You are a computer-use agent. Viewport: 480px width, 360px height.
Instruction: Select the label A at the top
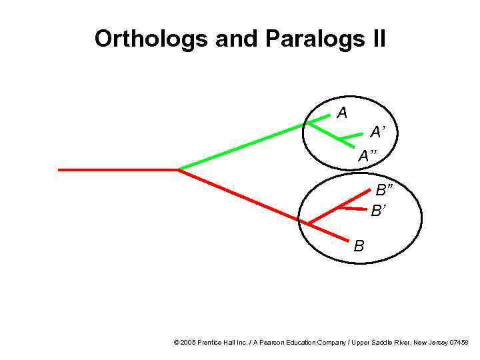tap(342, 113)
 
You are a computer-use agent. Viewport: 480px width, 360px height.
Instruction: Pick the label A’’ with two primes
tap(367, 157)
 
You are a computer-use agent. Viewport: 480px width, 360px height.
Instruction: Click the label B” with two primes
tap(384, 191)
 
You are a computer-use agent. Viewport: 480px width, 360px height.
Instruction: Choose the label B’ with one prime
tap(378, 211)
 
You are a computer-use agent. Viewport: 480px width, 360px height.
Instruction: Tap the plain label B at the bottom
tap(359, 246)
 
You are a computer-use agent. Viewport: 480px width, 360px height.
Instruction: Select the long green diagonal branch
tap(243, 146)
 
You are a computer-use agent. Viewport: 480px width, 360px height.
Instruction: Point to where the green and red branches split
tap(178, 169)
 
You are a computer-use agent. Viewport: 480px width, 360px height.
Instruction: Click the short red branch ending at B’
tap(353, 209)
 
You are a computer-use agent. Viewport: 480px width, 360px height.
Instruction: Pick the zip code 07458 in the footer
tap(459, 342)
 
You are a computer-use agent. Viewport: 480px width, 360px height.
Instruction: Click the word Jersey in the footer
tap(437, 342)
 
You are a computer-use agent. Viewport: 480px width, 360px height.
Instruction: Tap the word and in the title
tap(238, 39)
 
